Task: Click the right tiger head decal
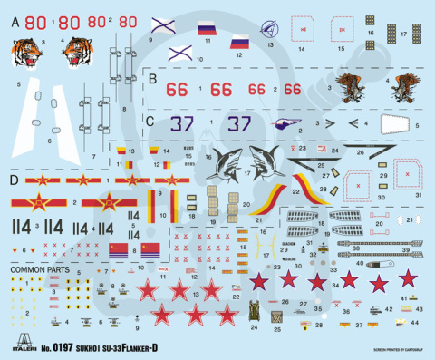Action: (x=79, y=54)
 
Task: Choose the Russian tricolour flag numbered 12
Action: (x=239, y=42)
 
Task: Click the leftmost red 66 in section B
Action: (x=177, y=89)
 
